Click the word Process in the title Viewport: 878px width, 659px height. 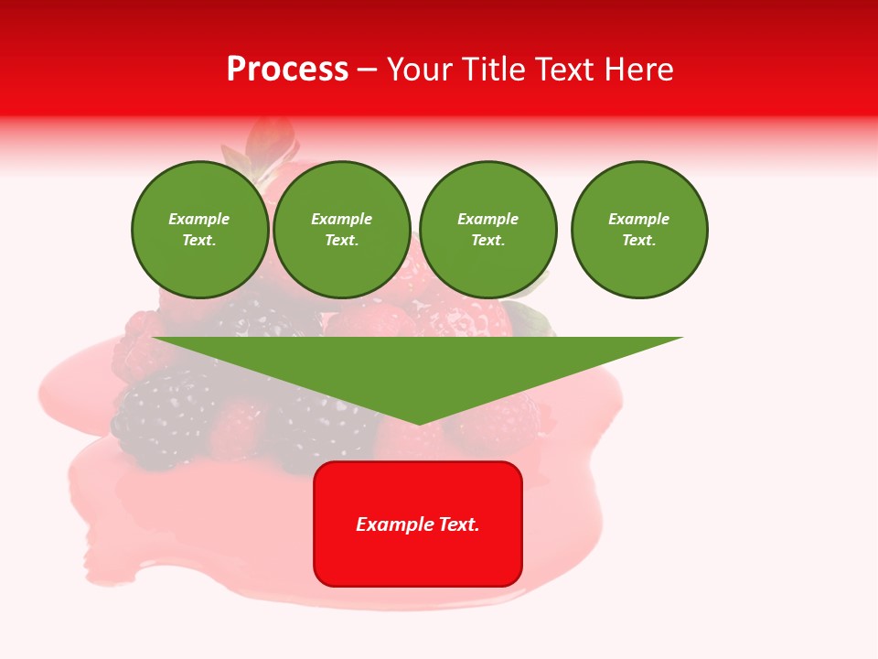click(x=287, y=70)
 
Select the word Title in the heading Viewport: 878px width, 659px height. click(x=498, y=70)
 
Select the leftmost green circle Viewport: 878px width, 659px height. click(x=199, y=230)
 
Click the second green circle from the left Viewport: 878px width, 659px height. click(x=342, y=230)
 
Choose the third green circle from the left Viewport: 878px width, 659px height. click(x=487, y=230)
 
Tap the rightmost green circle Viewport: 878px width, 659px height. click(x=639, y=230)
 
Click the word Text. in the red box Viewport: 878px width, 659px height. click(x=458, y=524)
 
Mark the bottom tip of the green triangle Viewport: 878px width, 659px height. click(x=419, y=423)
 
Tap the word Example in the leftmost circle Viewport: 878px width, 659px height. click(x=199, y=219)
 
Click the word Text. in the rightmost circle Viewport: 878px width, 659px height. click(x=639, y=241)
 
